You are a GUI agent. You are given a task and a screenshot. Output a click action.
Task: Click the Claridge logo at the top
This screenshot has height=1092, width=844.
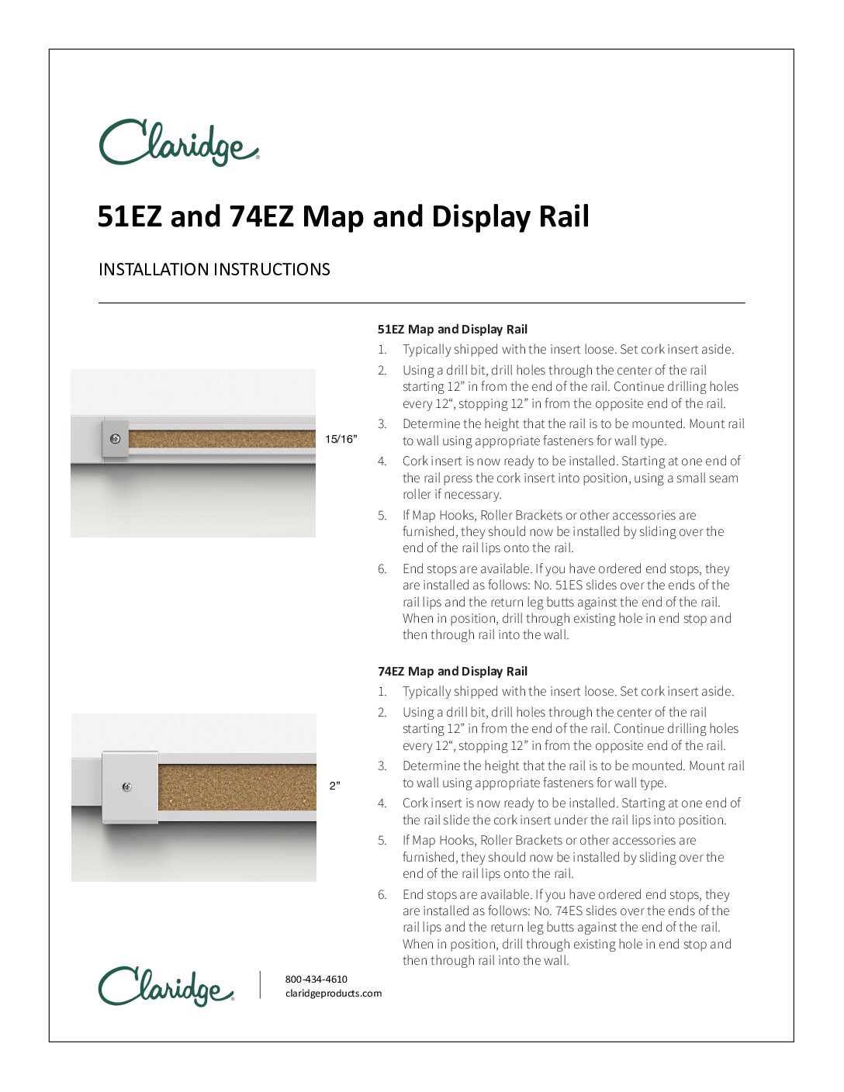click(x=178, y=143)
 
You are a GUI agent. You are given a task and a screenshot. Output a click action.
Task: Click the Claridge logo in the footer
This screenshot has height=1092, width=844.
click(x=166, y=986)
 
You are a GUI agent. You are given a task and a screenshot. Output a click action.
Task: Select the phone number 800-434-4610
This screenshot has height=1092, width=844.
click(x=316, y=980)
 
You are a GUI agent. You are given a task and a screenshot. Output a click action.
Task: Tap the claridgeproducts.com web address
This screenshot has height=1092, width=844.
click(x=334, y=994)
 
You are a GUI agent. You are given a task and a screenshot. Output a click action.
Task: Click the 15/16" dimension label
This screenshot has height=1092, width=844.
click(x=341, y=440)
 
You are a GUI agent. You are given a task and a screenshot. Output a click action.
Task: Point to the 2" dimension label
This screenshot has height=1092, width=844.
click(x=335, y=786)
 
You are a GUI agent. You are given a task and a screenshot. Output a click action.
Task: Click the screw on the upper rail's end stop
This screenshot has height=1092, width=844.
click(x=116, y=439)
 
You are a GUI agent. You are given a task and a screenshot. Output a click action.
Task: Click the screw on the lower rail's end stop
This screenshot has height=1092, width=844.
click(x=127, y=787)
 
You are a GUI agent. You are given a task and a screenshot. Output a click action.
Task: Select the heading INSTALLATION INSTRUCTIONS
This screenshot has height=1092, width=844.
click(x=214, y=270)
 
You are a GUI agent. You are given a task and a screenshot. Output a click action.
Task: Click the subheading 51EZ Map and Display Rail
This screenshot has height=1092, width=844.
click(x=452, y=329)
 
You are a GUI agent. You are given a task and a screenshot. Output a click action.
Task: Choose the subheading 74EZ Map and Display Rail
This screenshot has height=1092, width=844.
click(x=452, y=672)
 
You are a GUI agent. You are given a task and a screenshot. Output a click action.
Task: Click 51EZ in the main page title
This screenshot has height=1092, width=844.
click(x=129, y=216)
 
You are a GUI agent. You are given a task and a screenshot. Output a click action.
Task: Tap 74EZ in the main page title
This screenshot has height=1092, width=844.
click(x=261, y=216)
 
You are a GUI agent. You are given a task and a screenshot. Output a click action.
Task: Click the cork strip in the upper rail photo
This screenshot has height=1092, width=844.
click(x=221, y=439)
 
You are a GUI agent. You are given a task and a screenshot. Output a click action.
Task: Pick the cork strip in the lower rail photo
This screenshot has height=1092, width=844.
click(x=237, y=787)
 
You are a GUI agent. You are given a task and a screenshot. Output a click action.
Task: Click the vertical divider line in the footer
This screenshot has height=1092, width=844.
click(x=260, y=985)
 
